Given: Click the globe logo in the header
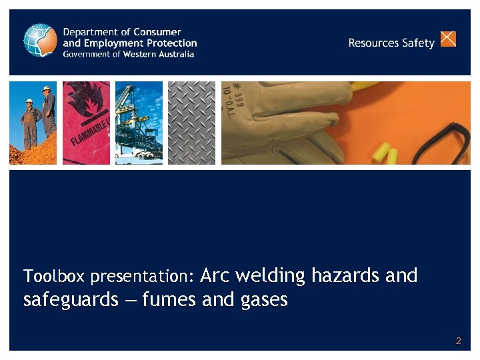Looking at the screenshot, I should pos(40,40).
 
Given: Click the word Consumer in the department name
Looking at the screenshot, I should pos(157,32).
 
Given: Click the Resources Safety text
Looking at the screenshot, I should pos(391,43).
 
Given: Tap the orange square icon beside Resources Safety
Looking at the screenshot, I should pos(449,39).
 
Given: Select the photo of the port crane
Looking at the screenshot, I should pos(139,123).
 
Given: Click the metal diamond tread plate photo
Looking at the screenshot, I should pos(191,123).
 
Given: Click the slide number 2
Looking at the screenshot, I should pos(458,341).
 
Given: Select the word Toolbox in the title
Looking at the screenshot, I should pos(55,276).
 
